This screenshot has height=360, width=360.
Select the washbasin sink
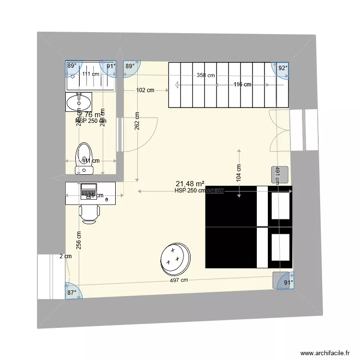coord(79,102)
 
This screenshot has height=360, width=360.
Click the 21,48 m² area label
coord(191,183)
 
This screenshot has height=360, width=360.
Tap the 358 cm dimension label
coord(205,75)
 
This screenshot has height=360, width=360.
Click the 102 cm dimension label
coord(145,90)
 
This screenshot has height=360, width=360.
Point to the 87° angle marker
coord(72,292)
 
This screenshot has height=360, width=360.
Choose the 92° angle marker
coord(283,68)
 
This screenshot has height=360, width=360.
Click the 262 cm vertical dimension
coord(137,121)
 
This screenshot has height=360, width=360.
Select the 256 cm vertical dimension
coord(78,240)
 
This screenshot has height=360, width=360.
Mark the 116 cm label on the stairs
coord(242,84)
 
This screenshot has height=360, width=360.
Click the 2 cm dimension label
coord(65,256)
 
